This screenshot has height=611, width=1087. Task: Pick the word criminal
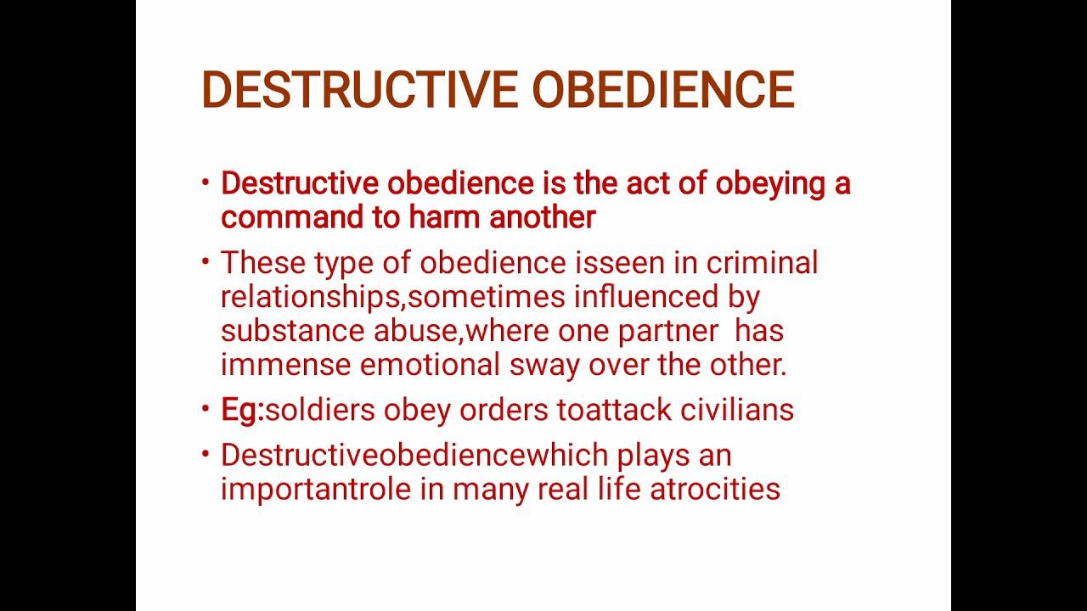coord(762,263)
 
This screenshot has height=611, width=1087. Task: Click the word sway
coord(544,366)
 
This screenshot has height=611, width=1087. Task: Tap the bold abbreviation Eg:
coord(242,410)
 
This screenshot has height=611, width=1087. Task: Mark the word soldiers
coord(320,410)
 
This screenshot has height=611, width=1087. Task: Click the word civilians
coord(737,410)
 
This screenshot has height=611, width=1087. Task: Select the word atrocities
coord(715,490)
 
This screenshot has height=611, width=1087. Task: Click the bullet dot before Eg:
coord(206,408)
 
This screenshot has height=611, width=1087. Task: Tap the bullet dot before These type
coord(206,261)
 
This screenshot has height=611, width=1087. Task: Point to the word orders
coord(504,410)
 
